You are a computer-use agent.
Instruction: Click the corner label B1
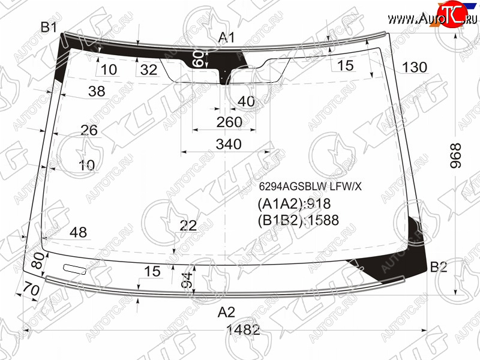point(49,27)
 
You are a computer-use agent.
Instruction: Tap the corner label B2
point(439,267)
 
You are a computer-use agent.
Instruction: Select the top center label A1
point(227,37)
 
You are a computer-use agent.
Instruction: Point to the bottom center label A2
point(227,312)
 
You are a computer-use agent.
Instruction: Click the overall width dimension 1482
point(243,330)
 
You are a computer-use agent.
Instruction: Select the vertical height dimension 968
point(455,155)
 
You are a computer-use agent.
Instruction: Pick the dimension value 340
point(229,144)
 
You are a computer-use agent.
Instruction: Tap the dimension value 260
point(229,122)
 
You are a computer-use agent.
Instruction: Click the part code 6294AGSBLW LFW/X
point(310,186)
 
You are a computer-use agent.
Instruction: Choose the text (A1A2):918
point(294,204)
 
